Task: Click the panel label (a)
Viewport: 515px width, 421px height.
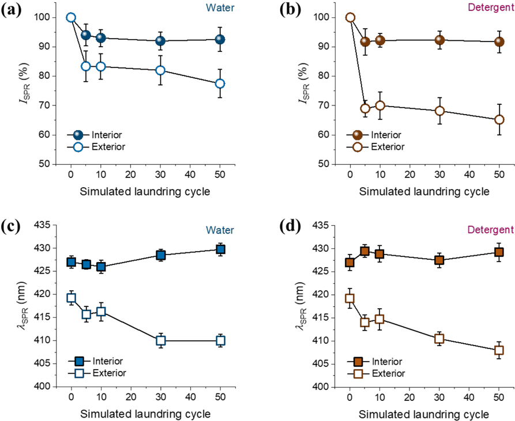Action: [x=11, y=11]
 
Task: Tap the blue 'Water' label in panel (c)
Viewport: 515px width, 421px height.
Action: [x=220, y=230]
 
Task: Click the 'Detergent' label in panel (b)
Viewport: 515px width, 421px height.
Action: [x=491, y=7]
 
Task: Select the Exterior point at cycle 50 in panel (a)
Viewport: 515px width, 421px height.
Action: [x=220, y=84]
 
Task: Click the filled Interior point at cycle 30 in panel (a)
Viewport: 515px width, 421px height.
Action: [x=160, y=41]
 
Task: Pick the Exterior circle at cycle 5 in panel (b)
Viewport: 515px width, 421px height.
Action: [x=365, y=108]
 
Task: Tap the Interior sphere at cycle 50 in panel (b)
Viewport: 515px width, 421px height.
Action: [x=499, y=41]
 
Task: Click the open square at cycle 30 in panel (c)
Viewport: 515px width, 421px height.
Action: [x=160, y=341]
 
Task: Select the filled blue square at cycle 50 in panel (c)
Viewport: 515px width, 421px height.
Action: [x=220, y=249]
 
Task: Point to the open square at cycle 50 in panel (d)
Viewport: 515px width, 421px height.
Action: [x=499, y=350]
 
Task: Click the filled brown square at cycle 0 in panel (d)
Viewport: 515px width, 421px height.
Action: [x=350, y=263]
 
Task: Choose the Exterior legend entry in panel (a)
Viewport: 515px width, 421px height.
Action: [x=96, y=147]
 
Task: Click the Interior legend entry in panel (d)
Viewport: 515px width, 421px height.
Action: [x=374, y=362]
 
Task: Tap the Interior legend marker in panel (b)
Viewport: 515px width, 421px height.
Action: [x=358, y=135]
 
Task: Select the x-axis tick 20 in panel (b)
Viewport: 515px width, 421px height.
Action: [x=410, y=175]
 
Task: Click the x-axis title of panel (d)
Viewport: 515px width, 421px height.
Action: [x=424, y=414]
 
